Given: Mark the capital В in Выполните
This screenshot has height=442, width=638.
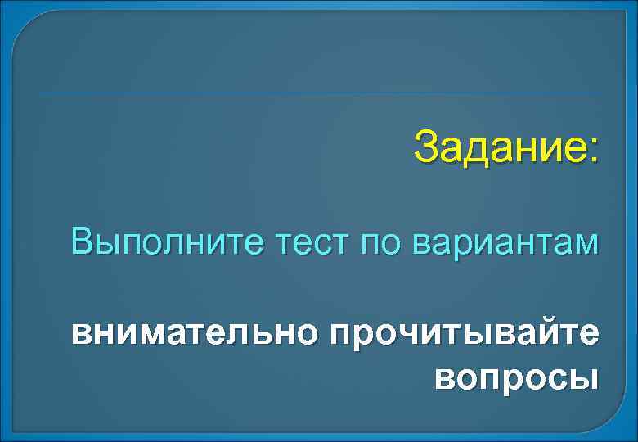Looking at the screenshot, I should click(82, 242).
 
